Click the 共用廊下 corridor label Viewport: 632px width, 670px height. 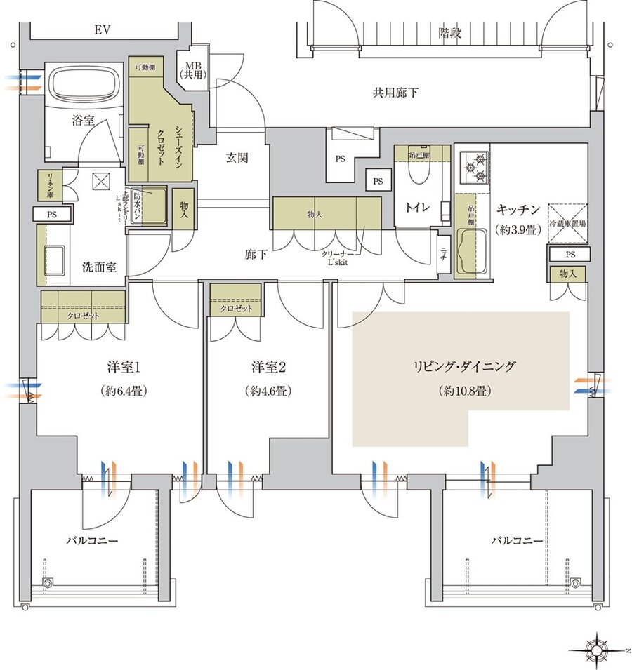(395, 92)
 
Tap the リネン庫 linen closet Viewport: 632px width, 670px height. (48, 184)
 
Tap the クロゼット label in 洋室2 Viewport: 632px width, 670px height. (236, 309)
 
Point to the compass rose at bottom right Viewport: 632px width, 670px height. (598, 645)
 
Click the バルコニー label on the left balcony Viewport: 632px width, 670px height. (92, 541)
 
